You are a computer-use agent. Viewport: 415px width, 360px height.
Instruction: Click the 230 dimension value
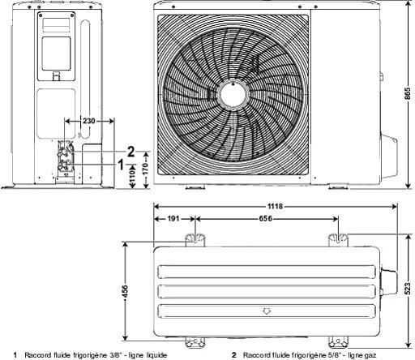(89, 121)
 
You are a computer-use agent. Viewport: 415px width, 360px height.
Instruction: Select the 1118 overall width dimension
(275, 207)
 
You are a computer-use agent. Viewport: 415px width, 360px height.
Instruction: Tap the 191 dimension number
(173, 218)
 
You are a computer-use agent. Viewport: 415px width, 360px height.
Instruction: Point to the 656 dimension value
(266, 218)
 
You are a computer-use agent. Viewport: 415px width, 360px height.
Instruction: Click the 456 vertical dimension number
(125, 292)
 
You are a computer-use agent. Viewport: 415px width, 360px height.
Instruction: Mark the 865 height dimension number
(409, 93)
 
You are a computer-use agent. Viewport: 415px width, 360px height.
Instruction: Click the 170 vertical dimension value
(145, 169)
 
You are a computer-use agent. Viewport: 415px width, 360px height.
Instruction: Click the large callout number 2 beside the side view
(130, 152)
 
